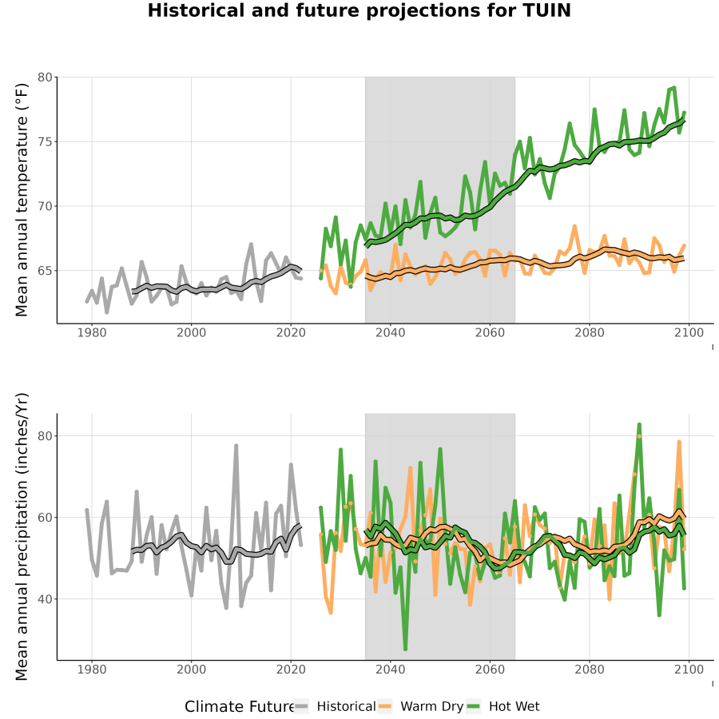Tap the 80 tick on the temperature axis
pos(45,77)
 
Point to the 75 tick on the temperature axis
pos(45,141)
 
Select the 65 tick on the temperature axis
pos(45,271)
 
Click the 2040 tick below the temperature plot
pos(390,332)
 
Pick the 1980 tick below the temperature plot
pos(92,332)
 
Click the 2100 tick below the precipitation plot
pos(689,669)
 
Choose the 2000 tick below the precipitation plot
pos(191,669)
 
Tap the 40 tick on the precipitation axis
pos(45,599)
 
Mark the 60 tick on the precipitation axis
pos(45,517)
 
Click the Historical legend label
pos(346,706)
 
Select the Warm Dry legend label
pos(432,707)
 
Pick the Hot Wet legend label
pos(514,706)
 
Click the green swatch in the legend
pos(473,707)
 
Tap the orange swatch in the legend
pos(385,707)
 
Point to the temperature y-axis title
pos(22,200)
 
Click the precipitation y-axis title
pos(22,537)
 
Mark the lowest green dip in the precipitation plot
pos(405,649)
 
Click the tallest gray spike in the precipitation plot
pos(236,445)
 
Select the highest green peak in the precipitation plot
pos(639,425)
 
